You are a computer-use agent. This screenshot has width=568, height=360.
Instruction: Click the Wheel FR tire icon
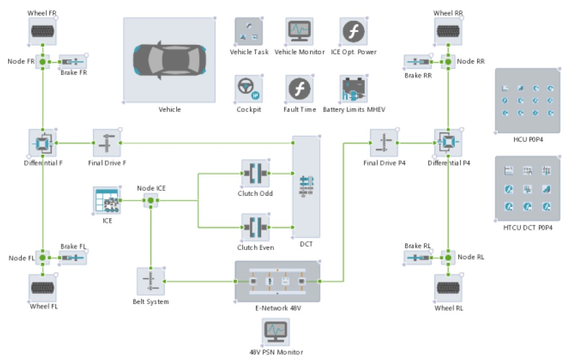43,31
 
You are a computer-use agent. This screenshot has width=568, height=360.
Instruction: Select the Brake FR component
73,61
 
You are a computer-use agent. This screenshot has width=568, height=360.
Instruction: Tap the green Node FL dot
43,258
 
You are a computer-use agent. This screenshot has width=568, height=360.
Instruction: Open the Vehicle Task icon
248,31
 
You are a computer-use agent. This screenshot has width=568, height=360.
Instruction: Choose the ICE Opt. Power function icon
354,31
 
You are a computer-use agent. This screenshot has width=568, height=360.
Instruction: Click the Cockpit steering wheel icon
248,88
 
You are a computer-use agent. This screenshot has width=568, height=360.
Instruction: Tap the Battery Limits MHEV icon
354,88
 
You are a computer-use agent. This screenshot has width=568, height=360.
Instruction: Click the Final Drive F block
107,142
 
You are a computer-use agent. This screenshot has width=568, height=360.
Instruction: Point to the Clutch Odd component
256,173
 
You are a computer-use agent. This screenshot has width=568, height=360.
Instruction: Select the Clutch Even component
256,228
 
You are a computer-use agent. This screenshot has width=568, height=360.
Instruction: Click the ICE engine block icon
107,201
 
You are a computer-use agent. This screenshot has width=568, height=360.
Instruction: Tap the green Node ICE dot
151,201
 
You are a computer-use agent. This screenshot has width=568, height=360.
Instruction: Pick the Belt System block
151,281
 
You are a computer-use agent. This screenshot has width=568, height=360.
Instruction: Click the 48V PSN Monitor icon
276,332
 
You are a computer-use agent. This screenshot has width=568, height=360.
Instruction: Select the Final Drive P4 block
384,142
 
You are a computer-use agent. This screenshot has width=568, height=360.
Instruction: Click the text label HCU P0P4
527,140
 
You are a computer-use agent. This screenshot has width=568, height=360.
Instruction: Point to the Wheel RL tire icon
448,288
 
